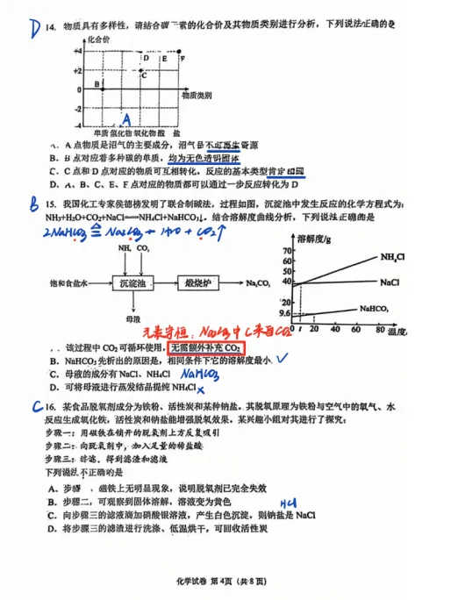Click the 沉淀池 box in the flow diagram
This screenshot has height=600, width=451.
click(x=132, y=282)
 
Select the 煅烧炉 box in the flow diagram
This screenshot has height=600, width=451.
click(x=200, y=282)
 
